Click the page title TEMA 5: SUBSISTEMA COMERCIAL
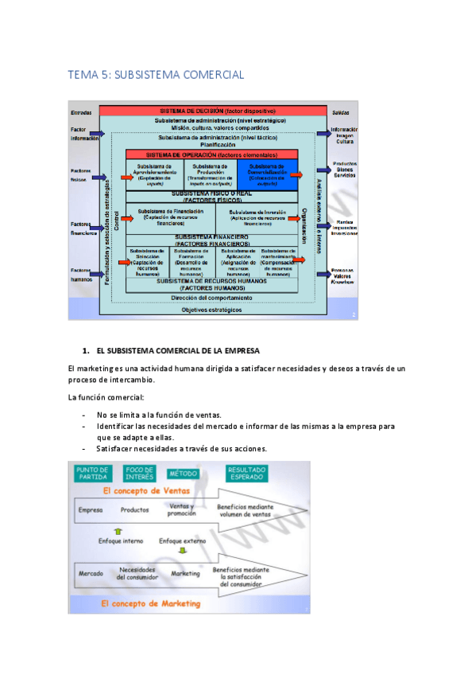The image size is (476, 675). (x=155, y=75)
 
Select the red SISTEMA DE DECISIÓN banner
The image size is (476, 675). (x=217, y=110)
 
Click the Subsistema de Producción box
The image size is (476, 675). (x=211, y=174)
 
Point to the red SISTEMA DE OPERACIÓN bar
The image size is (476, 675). (x=211, y=154)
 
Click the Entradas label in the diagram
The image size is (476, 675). (x=82, y=112)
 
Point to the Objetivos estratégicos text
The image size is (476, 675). (x=211, y=310)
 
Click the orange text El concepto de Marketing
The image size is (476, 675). (x=151, y=604)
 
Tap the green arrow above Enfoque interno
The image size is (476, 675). (x=119, y=529)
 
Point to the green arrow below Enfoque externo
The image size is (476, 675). (x=182, y=550)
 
